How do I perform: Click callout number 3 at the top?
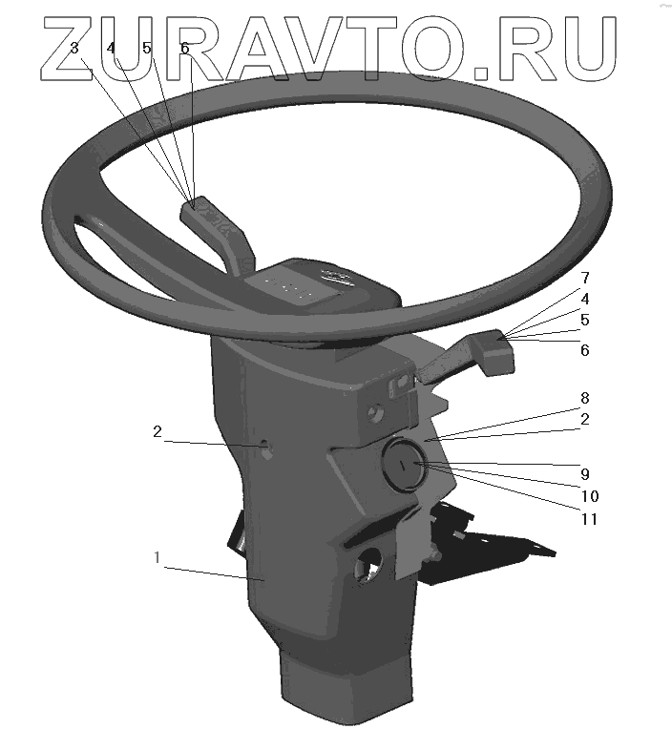[74, 49]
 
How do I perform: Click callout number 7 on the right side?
[585, 278]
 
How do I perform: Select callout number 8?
[585, 398]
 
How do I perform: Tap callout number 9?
[585, 474]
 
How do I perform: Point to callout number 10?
[590, 496]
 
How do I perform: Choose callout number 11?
[590, 519]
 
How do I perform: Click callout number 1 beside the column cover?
[157, 557]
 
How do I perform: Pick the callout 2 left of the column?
[157, 431]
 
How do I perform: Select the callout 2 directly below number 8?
[585, 419]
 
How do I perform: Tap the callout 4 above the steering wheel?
[111, 49]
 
